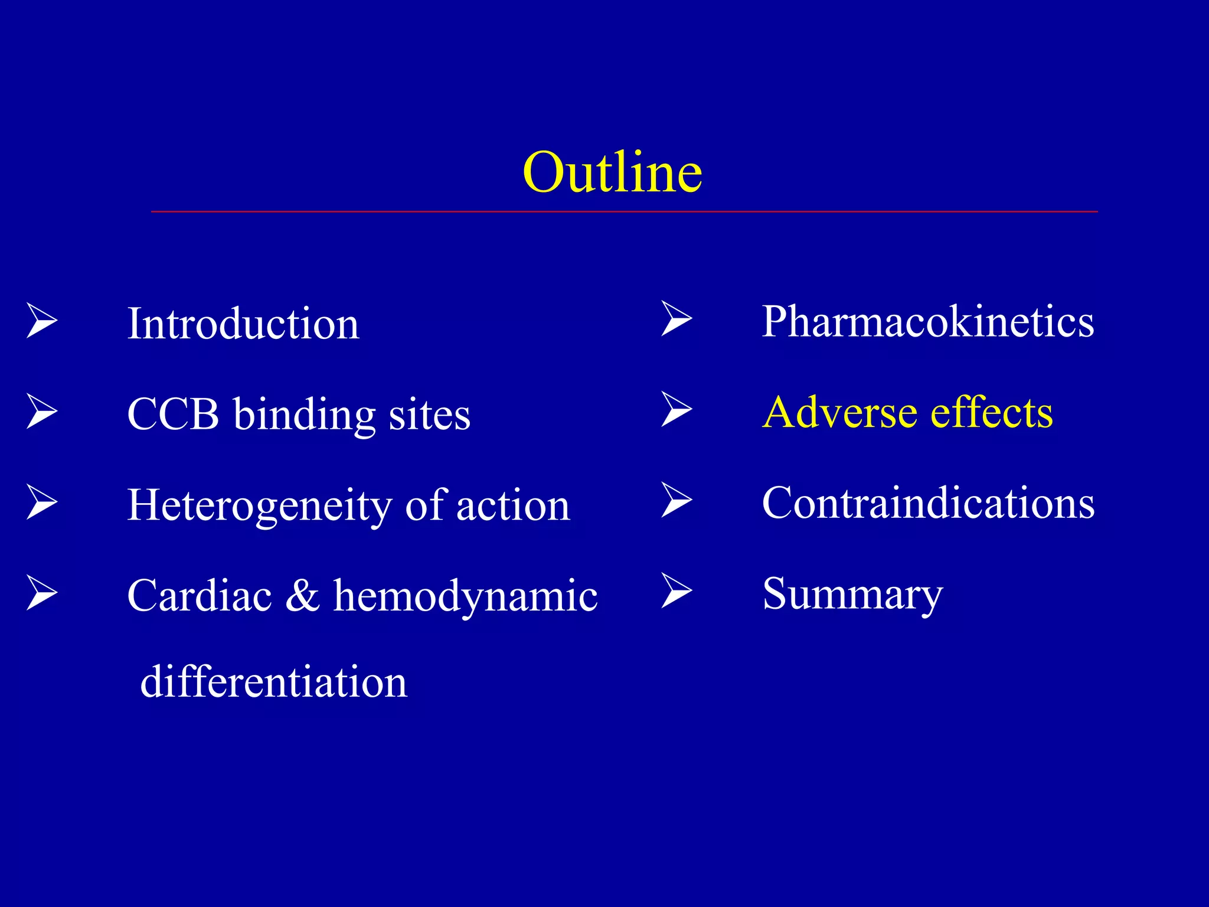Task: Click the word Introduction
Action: point(243,324)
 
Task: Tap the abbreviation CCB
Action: point(173,414)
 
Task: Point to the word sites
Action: point(429,414)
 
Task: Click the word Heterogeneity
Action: point(259,505)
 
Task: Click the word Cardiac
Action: point(200,595)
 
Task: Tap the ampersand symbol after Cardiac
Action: point(302,595)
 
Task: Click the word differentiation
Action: point(273,681)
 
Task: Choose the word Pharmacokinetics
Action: point(927,322)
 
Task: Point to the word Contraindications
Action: point(928,503)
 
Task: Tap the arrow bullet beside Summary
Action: point(677,590)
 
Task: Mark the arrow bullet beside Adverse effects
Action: point(677,409)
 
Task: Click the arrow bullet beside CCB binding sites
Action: point(42,412)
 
